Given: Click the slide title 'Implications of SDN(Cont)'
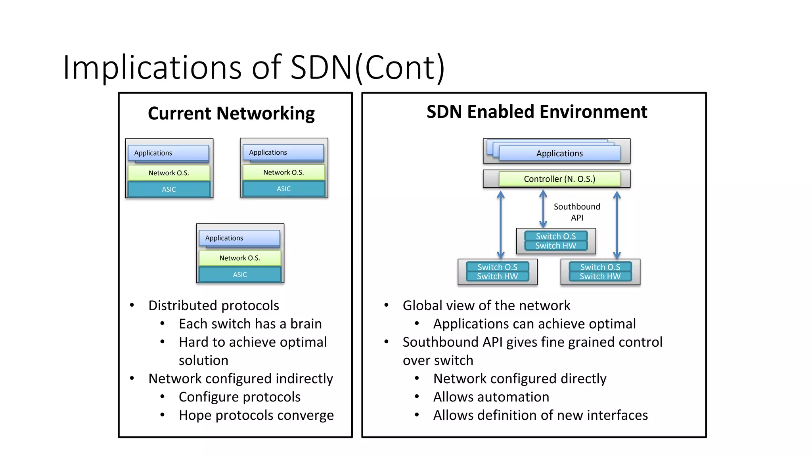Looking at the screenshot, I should [254, 67].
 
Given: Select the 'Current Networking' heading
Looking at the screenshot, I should [231, 113].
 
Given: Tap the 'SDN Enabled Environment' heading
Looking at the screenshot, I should [536, 112].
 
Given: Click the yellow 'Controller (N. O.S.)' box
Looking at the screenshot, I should [559, 179].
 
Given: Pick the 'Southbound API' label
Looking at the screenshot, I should [577, 212].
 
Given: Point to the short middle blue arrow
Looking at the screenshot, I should [543, 209].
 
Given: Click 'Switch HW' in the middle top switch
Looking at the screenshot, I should [555, 246].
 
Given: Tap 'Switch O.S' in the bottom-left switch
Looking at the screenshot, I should [497, 267].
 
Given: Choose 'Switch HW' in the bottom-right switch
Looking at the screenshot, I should [600, 277].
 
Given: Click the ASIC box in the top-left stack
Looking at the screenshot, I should [169, 190].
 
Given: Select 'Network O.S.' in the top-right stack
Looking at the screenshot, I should [283, 173].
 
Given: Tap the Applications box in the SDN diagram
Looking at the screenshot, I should [559, 154].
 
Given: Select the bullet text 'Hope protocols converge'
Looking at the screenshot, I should [256, 415].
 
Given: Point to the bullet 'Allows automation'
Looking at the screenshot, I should [491, 397].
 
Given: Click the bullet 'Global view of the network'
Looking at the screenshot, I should [486, 305].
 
